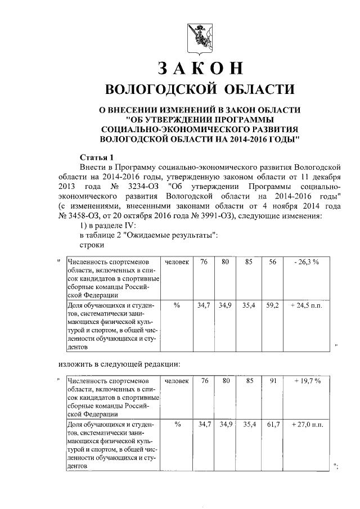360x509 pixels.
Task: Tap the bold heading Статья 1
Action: (x=97, y=157)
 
